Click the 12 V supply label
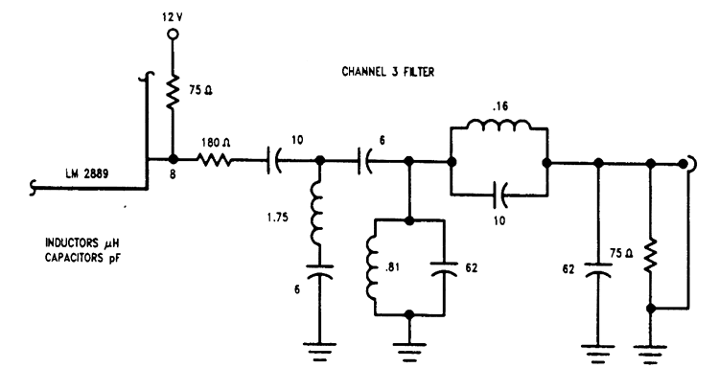[173, 17]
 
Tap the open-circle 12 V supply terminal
[173, 34]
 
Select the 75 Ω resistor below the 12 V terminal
[173, 91]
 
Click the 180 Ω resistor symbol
[215, 160]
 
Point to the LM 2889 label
[86, 173]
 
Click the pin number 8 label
[173, 174]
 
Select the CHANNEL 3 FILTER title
[388, 72]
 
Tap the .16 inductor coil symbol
[499, 125]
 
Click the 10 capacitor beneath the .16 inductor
[499, 195]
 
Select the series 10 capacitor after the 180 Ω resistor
[274, 160]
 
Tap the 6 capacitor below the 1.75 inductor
[319, 271]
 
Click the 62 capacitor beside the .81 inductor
[444, 268]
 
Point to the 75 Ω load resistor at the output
[650, 256]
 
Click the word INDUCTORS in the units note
[72, 243]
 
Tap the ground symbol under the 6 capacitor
[319, 352]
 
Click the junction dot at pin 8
[173, 159]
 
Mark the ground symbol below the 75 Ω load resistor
[650, 354]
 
